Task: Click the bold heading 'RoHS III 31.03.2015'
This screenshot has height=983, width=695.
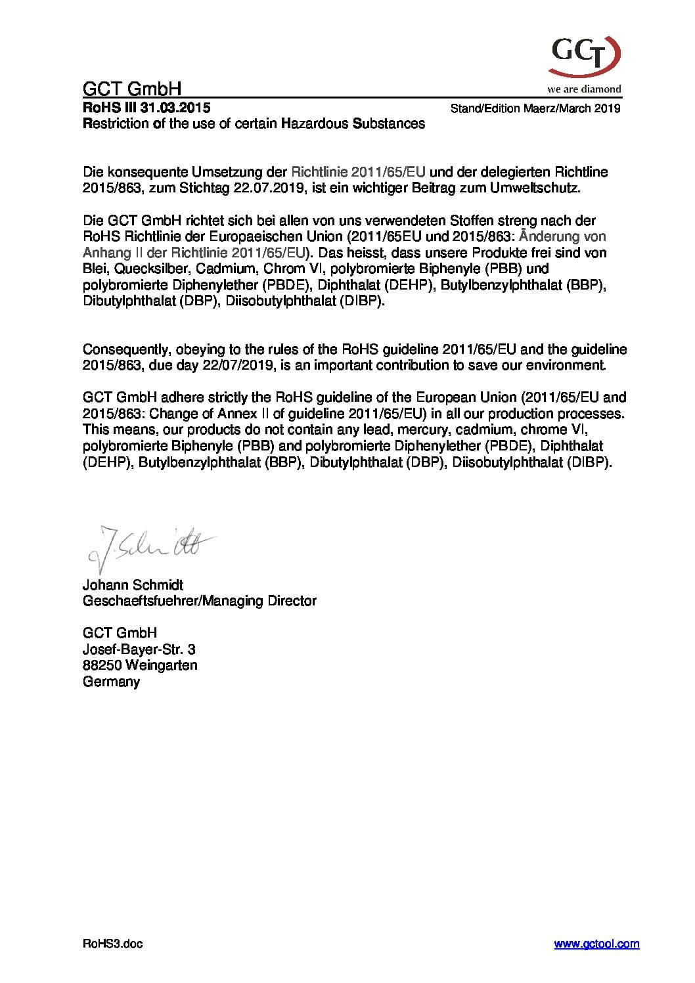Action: [146, 108]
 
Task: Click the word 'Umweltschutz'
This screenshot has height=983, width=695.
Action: [543, 188]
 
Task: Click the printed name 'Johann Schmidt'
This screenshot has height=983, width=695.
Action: [133, 584]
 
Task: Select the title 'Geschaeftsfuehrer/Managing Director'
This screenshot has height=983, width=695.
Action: [200, 601]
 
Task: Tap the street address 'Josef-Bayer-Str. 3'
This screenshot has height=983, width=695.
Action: [139, 649]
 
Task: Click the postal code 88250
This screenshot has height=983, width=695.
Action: [102, 665]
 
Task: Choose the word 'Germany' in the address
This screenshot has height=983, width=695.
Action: [112, 682]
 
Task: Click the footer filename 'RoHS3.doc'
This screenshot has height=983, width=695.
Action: [113, 944]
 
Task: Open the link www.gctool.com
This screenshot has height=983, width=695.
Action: [596, 944]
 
